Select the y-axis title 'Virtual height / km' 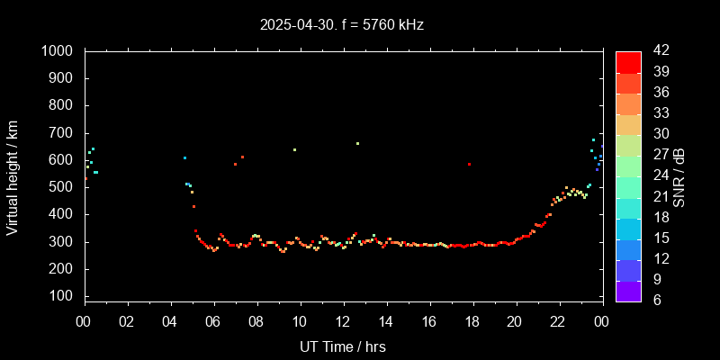click(13, 177)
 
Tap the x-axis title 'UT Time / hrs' click(343, 346)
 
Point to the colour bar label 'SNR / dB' click(679, 176)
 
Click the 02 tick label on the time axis click(128, 321)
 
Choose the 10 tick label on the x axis click(300, 321)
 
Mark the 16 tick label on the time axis click(429, 321)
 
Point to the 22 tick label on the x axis click(558, 321)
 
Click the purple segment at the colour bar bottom click(628, 291)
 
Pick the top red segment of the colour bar click(628, 61)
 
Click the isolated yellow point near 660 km click(357, 143)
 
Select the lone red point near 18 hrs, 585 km click(469, 164)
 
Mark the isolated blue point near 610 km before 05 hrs click(184, 157)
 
